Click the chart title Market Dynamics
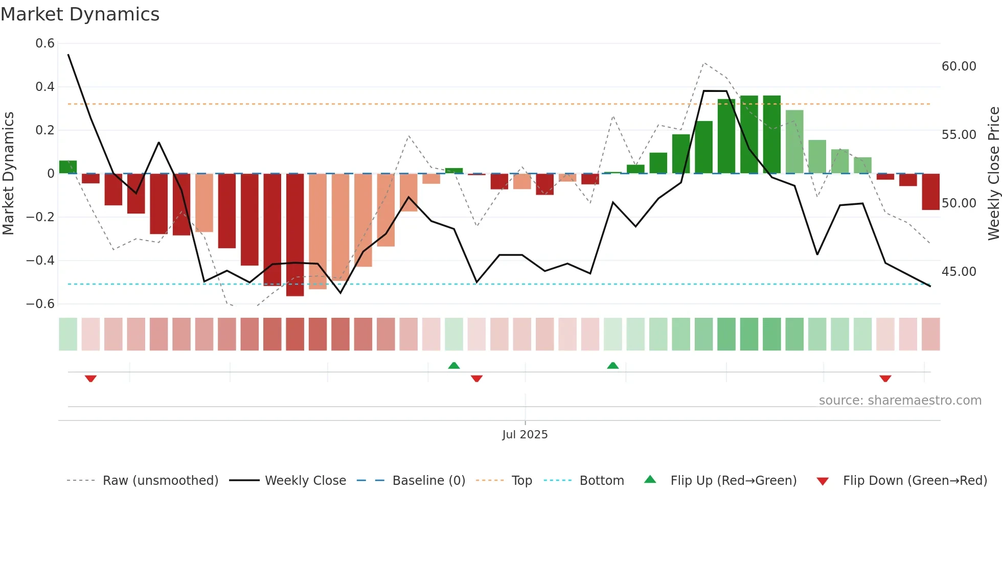[x=80, y=14]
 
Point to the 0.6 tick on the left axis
[x=45, y=43]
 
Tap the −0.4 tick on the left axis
[x=40, y=261]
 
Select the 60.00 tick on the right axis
[x=959, y=66]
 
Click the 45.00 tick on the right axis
[x=959, y=272]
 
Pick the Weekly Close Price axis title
[x=993, y=173]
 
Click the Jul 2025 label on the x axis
[x=525, y=435]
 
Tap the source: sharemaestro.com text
[x=900, y=401]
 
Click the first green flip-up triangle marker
[x=454, y=365]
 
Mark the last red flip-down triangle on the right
[x=885, y=379]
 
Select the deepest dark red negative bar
[x=295, y=235]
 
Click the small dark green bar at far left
[x=68, y=167]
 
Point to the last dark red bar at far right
[x=930, y=192]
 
